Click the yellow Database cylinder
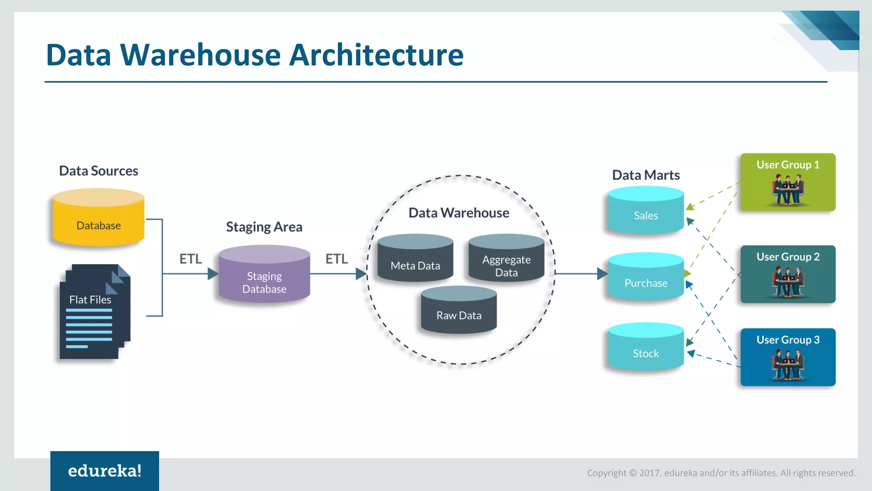98,218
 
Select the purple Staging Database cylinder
264,275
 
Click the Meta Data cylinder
415,259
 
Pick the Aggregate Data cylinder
506,259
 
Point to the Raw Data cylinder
459,310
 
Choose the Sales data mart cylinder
645,211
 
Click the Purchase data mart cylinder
645,277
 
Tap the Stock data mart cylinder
645,347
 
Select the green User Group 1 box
788,182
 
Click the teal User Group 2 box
788,274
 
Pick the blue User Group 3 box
788,357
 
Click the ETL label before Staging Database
190,259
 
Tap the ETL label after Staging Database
336,259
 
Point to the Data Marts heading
645,175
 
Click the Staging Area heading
264,227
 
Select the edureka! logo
105,471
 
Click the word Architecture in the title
376,55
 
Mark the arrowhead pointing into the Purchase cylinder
602,274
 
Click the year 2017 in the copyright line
650,473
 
